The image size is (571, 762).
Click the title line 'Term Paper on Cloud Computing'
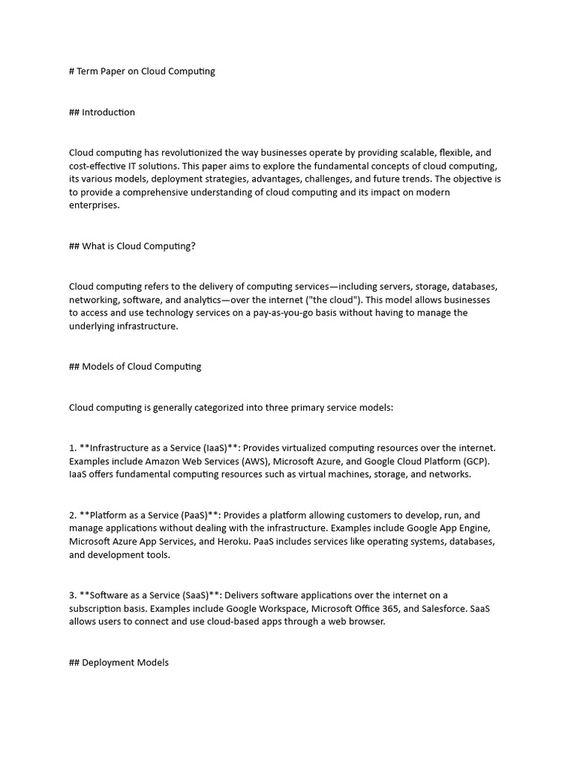coord(142,71)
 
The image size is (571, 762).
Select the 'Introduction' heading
coord(102,112)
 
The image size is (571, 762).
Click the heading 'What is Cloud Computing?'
coord(132,246)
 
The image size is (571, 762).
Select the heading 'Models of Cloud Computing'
coord(135,367)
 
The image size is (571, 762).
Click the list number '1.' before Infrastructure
coord(73,448)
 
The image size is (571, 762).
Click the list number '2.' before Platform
coord(73,515)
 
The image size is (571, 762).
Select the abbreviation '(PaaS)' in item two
coord(194,515)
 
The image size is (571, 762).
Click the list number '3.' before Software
coord(73,595)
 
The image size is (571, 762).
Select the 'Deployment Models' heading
coord(119,662)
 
